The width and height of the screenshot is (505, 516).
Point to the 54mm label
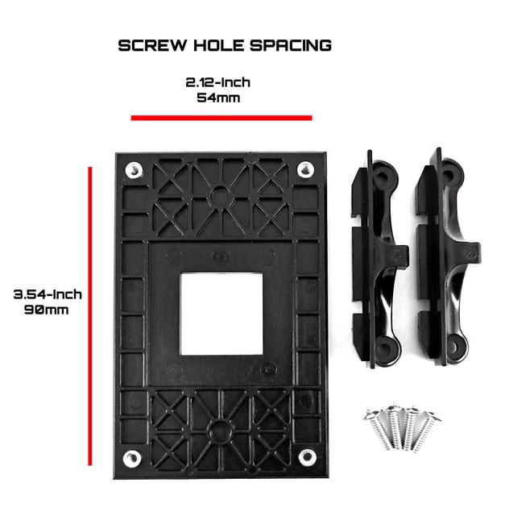point(220,98)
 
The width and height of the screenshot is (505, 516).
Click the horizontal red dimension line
point(221,118)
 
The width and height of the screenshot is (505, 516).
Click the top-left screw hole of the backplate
point(133,169)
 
